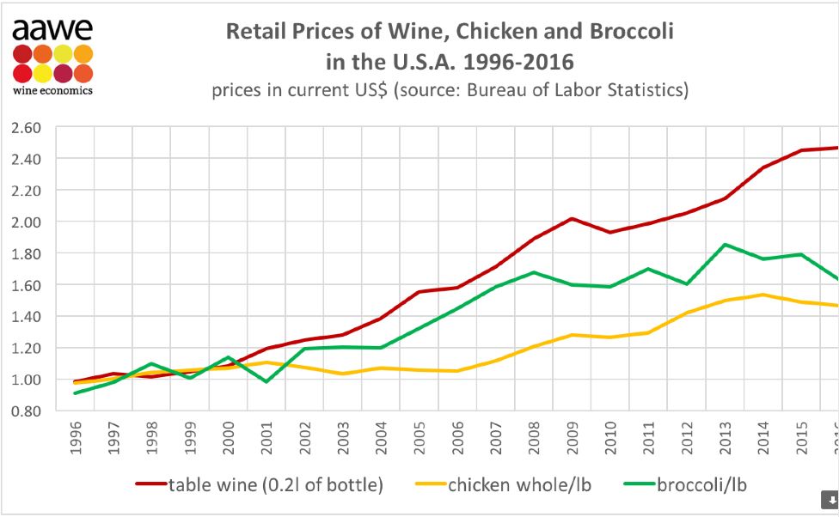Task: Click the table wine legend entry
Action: [x=258, y=485]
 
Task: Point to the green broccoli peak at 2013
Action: [x=726, y=245]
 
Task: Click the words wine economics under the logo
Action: [x=52, y=89]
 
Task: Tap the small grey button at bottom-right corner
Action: [x=830, y=499]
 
